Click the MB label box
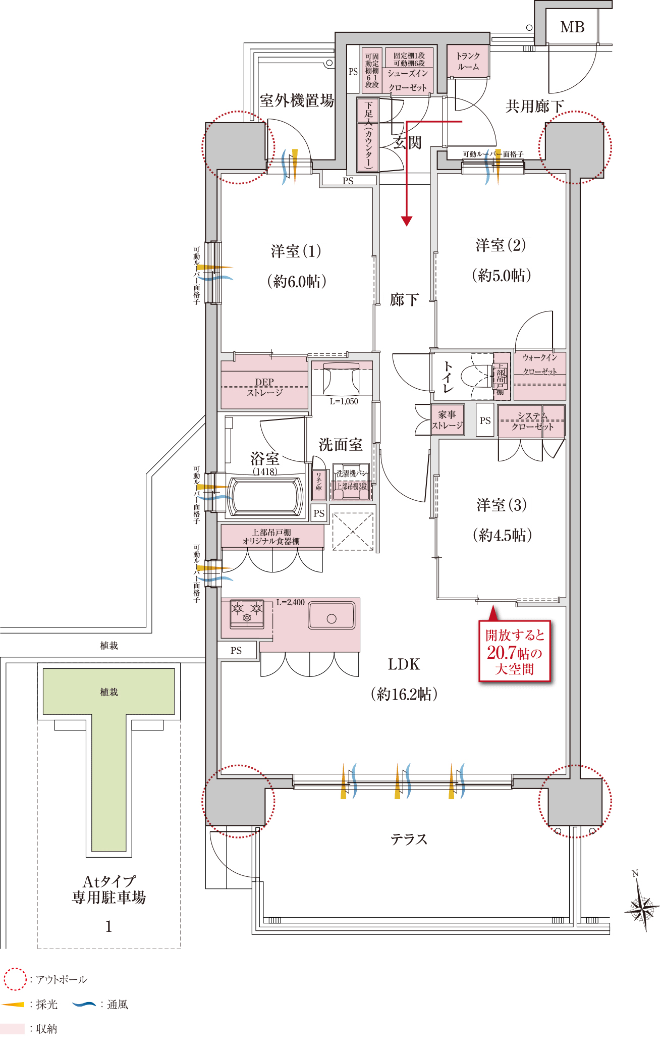click(x=572, y=27)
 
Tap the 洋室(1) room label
click(x=296, y=251)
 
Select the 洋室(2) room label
click(x=501, y=245)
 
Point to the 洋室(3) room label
click(x=502, y=505)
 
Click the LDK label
click(x=404, y=664)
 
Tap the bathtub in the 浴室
click(x=265, y=497)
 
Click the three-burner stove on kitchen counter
click(x=247, y=613)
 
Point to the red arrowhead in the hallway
click(x=407, y=221)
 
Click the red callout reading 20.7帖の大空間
click(x=514, y=652)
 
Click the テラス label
click(x=409, y=839)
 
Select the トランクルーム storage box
click(x=468, y=61)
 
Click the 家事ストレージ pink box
click(x=447, y=420)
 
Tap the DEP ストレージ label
click(x=264, y=387)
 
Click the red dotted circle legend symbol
click(x=15, y=979)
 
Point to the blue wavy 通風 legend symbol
click(x=84, y=1004)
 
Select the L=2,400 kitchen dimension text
click(x=290, y=602)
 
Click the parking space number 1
click(x=108, y=926)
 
